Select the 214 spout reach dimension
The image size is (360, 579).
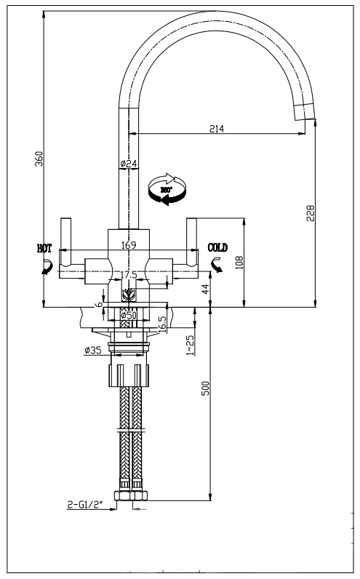[x=217, y=129]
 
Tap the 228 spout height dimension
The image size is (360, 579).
[x=311, y=213]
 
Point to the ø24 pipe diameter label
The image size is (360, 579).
[x=128, y=164]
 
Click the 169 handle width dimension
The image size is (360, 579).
[x=128, y=245]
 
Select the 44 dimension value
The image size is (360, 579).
[x=204, y=287]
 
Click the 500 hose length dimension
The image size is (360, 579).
[x=205, y=388]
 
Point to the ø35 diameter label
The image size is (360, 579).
[x=92, y=351]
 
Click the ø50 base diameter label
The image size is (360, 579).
[x=128, y=315]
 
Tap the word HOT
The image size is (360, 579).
[x=45, y=248]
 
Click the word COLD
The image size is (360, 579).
[x=217, y=248]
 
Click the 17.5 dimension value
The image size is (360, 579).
[x=128, y=274]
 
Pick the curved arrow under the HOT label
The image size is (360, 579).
[x=46, y=268]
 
